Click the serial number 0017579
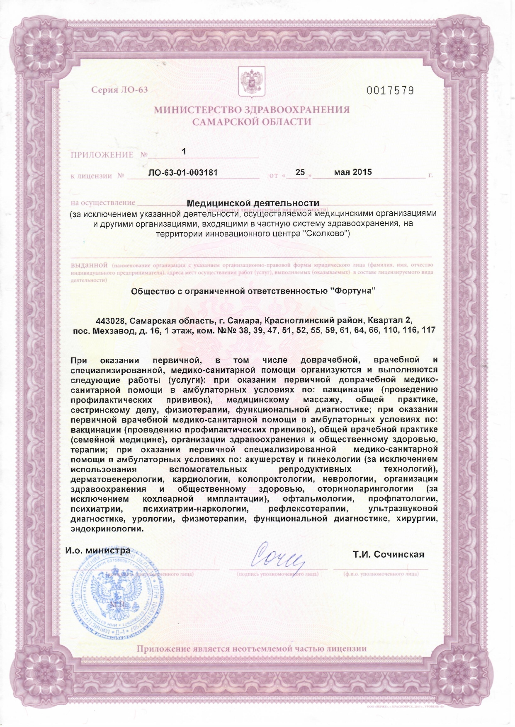coord(390,91)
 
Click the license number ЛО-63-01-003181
coord(183,172)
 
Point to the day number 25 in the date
coord(300,172)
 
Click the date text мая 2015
coord(353,171)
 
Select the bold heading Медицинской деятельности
coord(253,203)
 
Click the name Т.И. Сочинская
coord(389,554)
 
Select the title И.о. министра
coord(98,551)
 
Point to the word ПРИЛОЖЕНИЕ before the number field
coord(102,155)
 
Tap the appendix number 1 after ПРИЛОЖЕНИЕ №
coord(184,152)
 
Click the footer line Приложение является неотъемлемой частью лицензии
coord(252,649)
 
